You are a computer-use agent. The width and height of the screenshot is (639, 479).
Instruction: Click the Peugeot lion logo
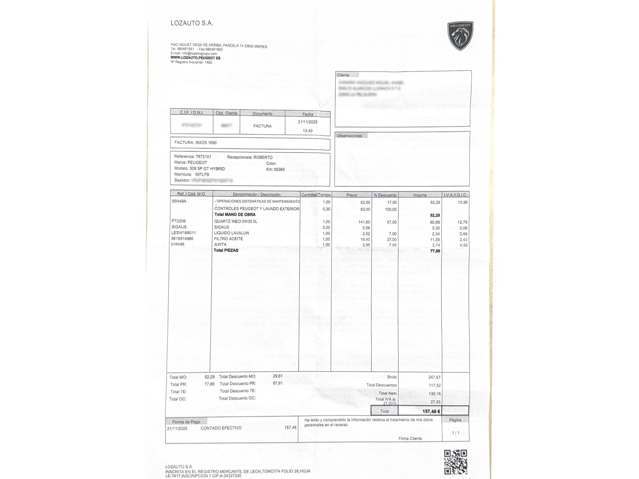pyautogui.click(x=460, y=36)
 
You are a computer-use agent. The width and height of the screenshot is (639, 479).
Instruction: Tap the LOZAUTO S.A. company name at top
pyautogui.click(x=192, y=23)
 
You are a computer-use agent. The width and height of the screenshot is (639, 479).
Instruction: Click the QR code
pyautogui.click(x=456, y=461)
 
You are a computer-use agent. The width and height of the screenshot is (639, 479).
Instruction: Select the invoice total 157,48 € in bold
pyautogui.click(x=431, y=411)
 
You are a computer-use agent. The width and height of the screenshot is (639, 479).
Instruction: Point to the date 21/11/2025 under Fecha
pyautogui.click(x=308, y=122)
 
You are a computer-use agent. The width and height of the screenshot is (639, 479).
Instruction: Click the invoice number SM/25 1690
pyautogui.click(x=206, y=143)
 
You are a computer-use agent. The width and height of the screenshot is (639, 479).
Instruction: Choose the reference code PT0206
pyautogui.click(x=179, y=221)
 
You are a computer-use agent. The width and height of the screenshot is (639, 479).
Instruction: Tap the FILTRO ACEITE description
pyautogui.click(x=228, y=239)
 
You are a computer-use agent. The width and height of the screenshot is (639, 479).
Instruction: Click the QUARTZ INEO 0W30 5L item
pyautogui.click(x=236, y=221)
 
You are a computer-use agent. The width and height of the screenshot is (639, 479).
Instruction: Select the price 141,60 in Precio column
pyautogui.click(x=364, y=222)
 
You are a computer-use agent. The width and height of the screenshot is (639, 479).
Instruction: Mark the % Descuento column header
pyautogui.click(x=385, y=195)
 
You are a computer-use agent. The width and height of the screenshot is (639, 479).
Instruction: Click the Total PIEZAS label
pyautogui.click(x=226, y=250)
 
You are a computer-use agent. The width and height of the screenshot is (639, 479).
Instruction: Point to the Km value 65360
pyautogui.click(x=279, y=169)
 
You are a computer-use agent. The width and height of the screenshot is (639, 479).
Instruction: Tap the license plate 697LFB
pyautogui.click(x=202, y=174)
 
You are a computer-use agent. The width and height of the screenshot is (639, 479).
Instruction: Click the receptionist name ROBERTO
pyautogui.click(x=263, y=157)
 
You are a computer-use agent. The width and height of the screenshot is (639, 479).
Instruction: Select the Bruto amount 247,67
pyautogui.click(x=435, y=377)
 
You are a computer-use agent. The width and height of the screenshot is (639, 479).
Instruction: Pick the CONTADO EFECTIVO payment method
pyautogui.click(x=221, y=428)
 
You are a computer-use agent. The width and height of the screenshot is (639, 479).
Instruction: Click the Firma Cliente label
pyautogui.click(x=410, y=438)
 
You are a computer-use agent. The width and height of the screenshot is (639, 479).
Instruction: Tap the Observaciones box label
pyautogui.click(x=349, y=136)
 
